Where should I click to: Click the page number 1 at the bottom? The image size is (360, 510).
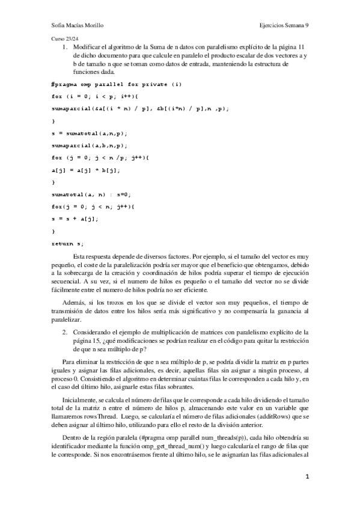(307, 478)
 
